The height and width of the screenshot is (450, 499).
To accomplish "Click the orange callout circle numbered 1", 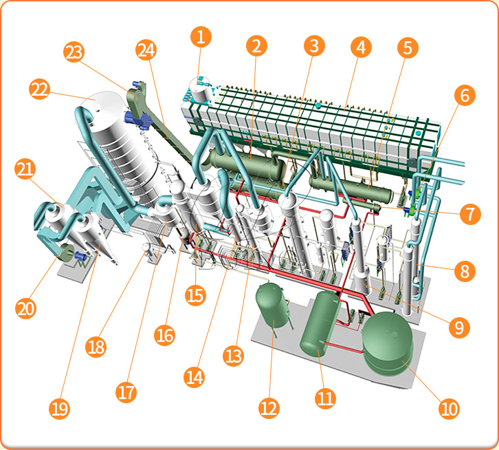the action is pyautogui.click(x=201, y=37).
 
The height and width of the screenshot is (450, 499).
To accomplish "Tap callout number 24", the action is pyautogui.click(x=146, y=50).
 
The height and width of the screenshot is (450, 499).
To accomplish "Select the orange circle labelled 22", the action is pyautogui.click(x=39, y=89).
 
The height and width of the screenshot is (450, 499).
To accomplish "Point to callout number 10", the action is pyautogui.click(x=449, y=409).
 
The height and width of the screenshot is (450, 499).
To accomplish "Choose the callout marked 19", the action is pyautogui.click(x=60, y=409).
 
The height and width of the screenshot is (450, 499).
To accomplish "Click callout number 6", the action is pyautogui.click(x=465, y=95).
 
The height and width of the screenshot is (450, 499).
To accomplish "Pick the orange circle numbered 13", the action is pyautogui.click(x=233, y=356).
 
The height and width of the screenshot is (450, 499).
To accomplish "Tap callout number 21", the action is pyautogui.click(x=25, y=169).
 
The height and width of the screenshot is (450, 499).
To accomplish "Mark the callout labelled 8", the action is pyautogui.click(x=465, y=272).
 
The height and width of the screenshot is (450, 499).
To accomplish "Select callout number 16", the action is pyautogui.click(x=164, y=335).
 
